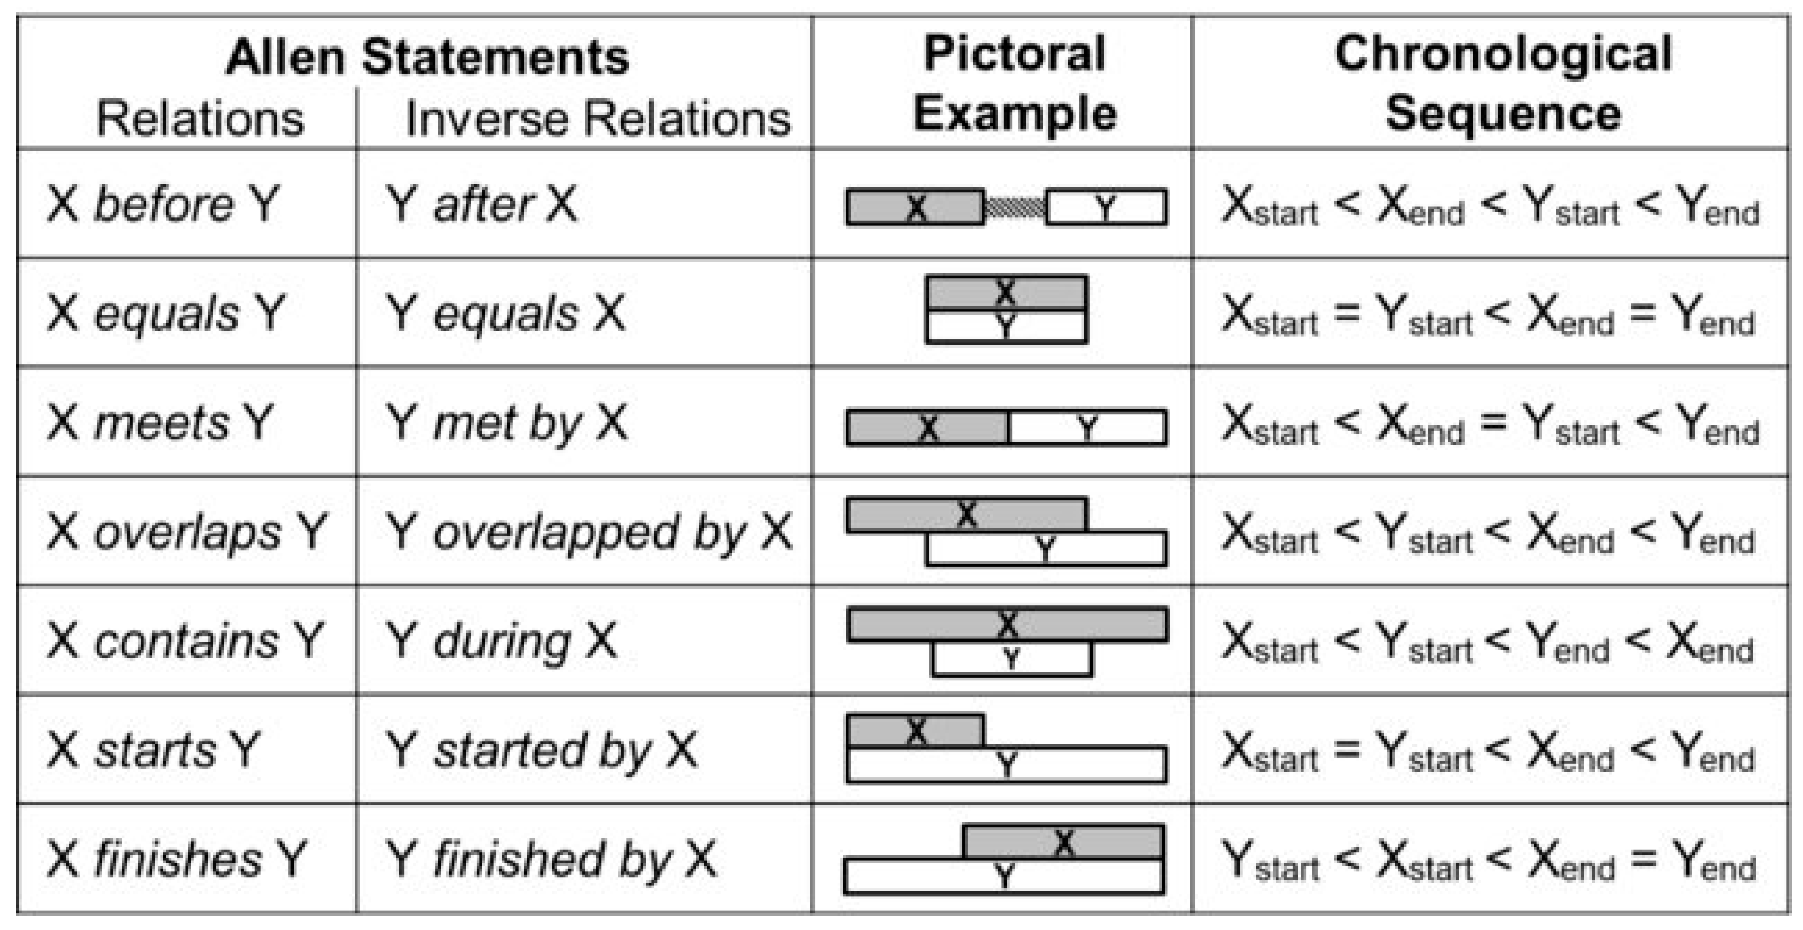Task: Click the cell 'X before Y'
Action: (x=163, y=204)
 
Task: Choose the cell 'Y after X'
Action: (x=482, y=204)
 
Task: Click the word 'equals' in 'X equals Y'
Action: (x=166, y=313)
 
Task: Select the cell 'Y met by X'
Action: (x=507, y=423)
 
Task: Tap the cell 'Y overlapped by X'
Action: (x=588, y=532)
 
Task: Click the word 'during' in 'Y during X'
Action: (x=502, y=642)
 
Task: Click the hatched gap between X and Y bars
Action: (x=1014, y=208)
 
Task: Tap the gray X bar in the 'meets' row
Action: (x=927, y=427)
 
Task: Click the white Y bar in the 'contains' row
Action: (x=1011, y=658)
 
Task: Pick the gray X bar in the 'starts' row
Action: (x=915, y=731)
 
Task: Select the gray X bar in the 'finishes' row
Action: (x=1063, y=842)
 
